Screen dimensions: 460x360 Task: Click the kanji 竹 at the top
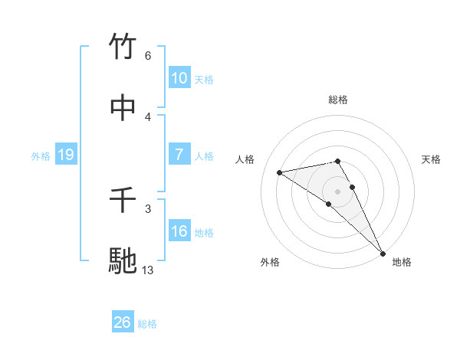point(123,47)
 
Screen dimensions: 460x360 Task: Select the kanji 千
point(123,200)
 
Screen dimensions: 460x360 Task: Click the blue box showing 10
point(179,78)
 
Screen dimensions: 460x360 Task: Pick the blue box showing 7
point(179,155)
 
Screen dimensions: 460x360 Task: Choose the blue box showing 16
point(179,231)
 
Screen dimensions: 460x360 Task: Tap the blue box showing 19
point(66,155)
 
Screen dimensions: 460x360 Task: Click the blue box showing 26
point(123,322)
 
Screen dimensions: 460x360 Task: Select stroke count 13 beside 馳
point(148,270)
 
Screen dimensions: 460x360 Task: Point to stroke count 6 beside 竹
point(148,56)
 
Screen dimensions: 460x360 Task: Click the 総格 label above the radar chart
point(338,100)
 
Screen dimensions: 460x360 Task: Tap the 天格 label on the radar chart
point(431,159)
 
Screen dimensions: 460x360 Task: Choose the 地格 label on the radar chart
point(402,262)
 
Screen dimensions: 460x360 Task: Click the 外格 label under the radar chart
point(270,262)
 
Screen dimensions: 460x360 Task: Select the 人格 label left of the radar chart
point(246,159)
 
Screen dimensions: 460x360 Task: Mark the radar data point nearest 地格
point(383,253)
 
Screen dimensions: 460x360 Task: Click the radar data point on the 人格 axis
point(280,172)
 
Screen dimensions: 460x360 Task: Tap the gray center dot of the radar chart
point(338,191)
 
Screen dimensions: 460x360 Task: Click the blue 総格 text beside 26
point(147,324)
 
